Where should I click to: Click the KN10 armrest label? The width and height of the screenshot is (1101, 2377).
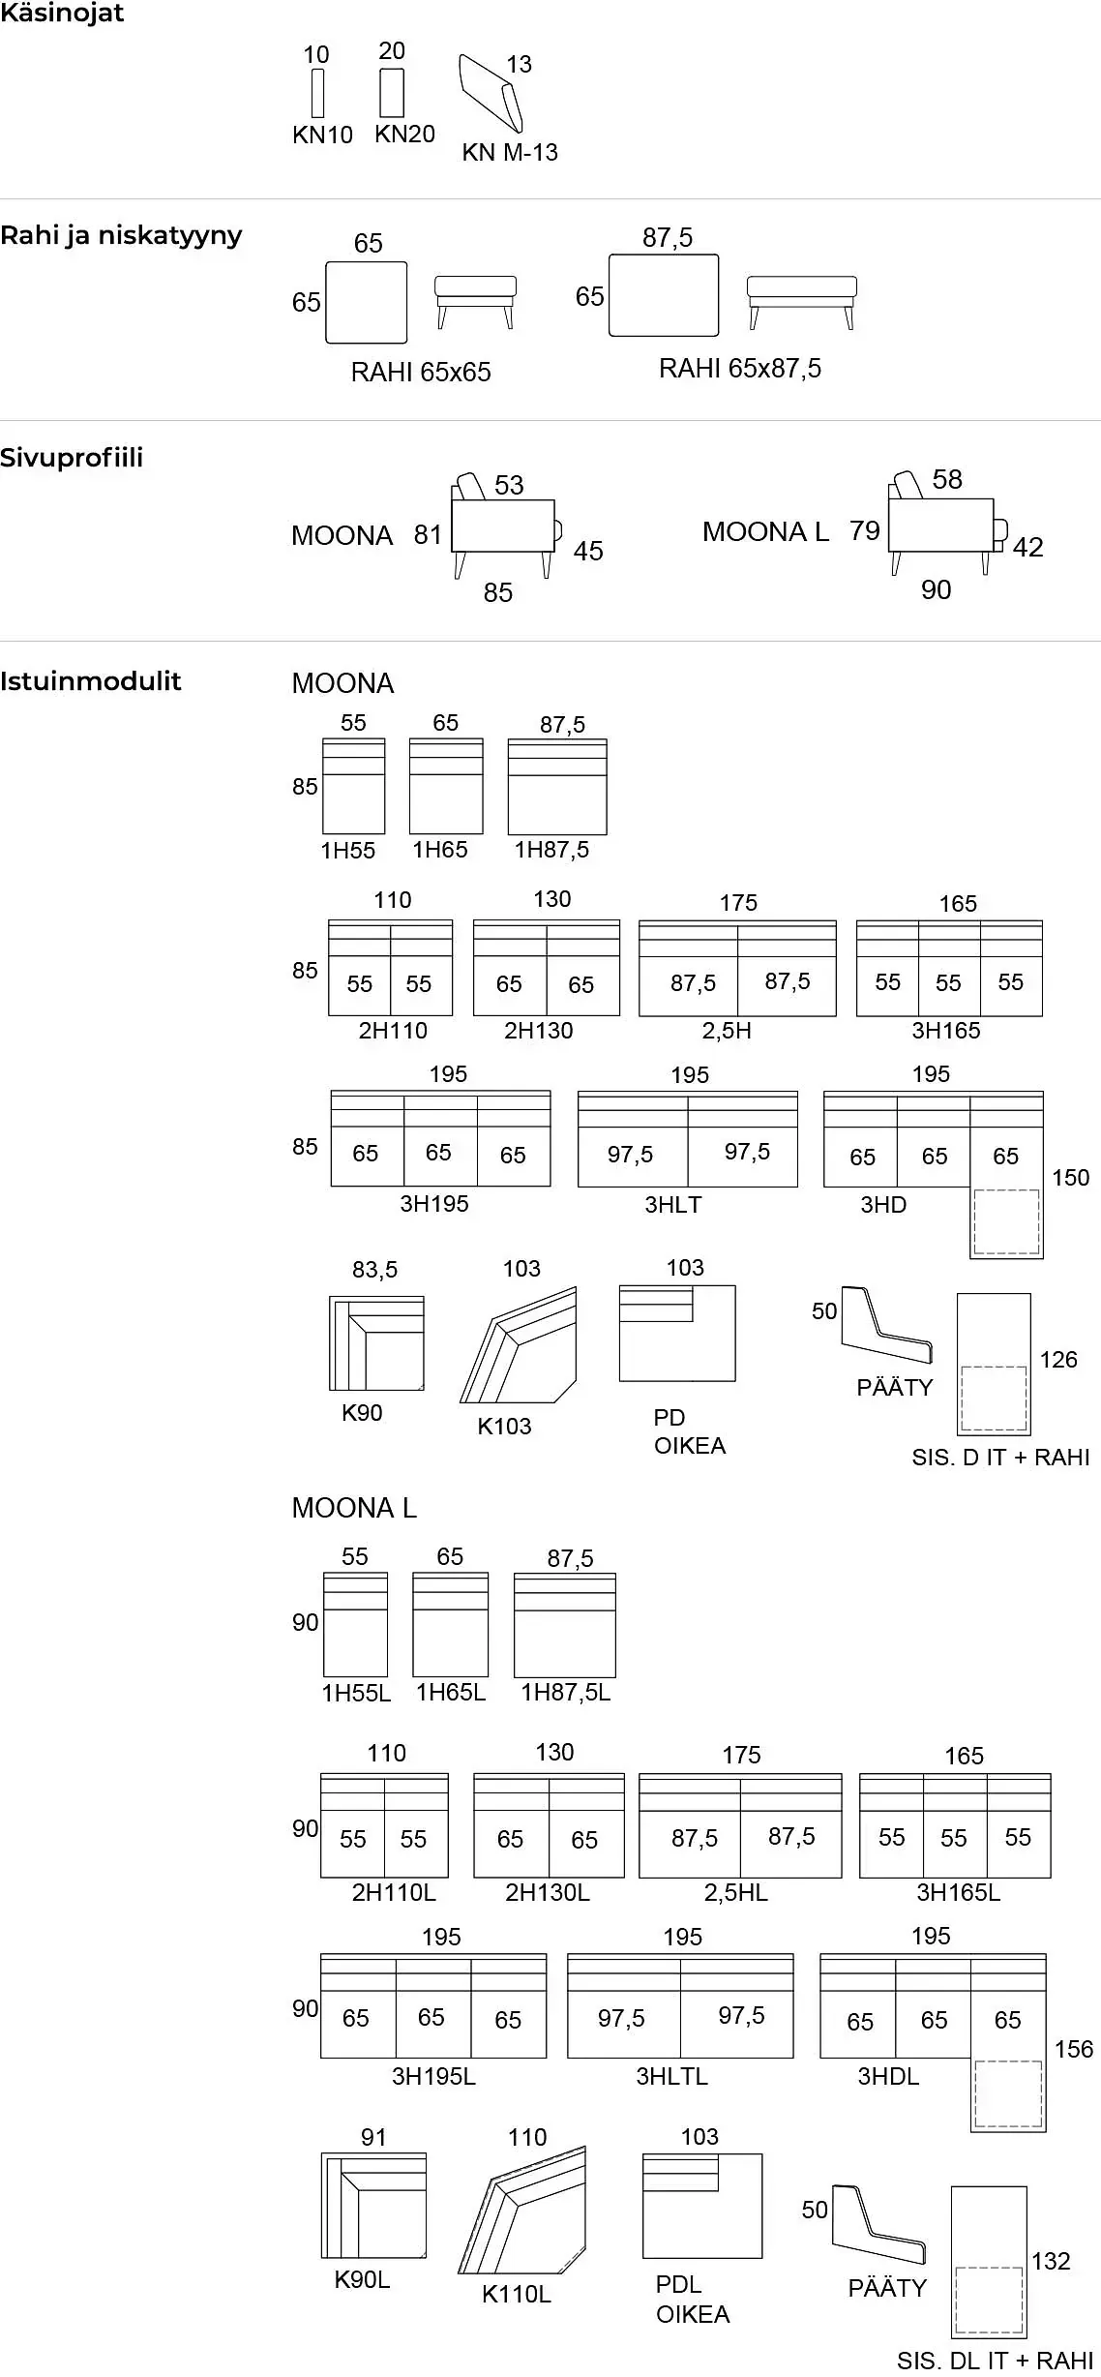(x=322, y=135)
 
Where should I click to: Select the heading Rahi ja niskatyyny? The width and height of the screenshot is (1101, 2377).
(x=121, y=235)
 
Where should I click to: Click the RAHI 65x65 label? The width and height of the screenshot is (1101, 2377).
(x=421, y=373)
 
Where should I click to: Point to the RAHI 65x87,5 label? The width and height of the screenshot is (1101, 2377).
(x=740, y=369)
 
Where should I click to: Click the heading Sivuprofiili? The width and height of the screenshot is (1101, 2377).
(x=72, y=458)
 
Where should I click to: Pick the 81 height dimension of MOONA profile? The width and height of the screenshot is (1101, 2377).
(x=428, y=534)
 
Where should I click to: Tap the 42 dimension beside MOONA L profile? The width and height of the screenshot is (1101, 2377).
(x=1027, y=548)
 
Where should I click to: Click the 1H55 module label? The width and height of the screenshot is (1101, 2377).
(x=348, y=851)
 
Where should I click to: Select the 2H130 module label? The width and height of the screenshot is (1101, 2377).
(x=539, y=1031)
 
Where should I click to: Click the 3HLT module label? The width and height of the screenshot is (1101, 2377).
(x=673, y=1205)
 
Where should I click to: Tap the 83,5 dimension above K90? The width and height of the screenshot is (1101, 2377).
(x=374, y=1270)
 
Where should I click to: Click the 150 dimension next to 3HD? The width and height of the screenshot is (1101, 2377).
(x=1071, y=1178)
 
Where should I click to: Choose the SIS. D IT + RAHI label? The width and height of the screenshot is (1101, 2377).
(x=1000, y=1458)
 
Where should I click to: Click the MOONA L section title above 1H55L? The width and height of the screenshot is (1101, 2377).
(x=354, y=1508)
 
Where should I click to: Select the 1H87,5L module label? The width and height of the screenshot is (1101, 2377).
(x=566, y=1693)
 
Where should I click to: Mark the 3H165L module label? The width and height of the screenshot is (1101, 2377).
(x=959, y=1893)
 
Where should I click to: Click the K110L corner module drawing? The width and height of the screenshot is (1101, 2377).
(x=522, y=2212)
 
